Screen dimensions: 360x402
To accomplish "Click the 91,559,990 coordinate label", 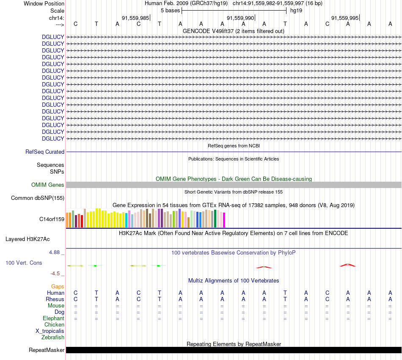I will click(240, 18).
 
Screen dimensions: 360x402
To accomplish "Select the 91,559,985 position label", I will click(135, 18).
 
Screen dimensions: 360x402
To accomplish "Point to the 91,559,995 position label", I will click(345, 18).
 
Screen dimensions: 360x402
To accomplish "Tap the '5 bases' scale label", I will click(170, 10).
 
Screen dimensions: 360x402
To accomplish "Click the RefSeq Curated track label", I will click(45, 152).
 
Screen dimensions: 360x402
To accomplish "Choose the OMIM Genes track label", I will click(48, 185).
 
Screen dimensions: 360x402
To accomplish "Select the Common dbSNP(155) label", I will click(38, 198).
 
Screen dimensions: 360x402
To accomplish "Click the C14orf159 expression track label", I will click(52, 219).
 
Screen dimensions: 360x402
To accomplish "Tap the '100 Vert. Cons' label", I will click(24, 263).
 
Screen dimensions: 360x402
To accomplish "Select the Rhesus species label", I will click(55, 299).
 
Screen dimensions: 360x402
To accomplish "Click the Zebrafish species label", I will click(53, 337).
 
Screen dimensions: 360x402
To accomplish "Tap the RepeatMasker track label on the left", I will click(47, 350).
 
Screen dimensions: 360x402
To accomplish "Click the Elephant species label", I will click(53, 318).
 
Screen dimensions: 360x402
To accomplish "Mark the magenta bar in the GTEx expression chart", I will click(224, 220).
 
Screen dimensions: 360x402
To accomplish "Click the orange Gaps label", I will click(58, 286).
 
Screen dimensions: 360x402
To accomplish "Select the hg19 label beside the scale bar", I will click(296, 10).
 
